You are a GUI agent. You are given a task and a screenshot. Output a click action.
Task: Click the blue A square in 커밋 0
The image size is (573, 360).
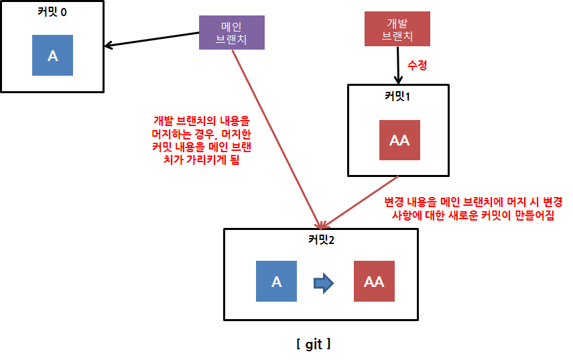click(x=52, y=56)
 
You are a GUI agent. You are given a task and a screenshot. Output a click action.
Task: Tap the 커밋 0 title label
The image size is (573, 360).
click(x=52, y=11)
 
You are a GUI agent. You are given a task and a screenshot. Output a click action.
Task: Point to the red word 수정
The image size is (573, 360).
click(x=417, y=66)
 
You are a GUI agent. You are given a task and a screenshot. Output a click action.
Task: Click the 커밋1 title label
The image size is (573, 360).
click(x=397, y=96)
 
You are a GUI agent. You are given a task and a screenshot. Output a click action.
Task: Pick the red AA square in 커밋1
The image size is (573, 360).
click(x=399, y=140)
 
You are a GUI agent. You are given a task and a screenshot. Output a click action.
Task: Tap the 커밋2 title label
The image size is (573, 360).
click(x=321, y=239)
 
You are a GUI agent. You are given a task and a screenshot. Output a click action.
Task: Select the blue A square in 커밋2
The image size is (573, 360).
click(x=276, y=281)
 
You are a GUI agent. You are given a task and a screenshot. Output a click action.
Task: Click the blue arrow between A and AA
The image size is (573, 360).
click(x=324, y=282)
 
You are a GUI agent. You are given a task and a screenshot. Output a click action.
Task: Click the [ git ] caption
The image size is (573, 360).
click(x=313, y=345)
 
